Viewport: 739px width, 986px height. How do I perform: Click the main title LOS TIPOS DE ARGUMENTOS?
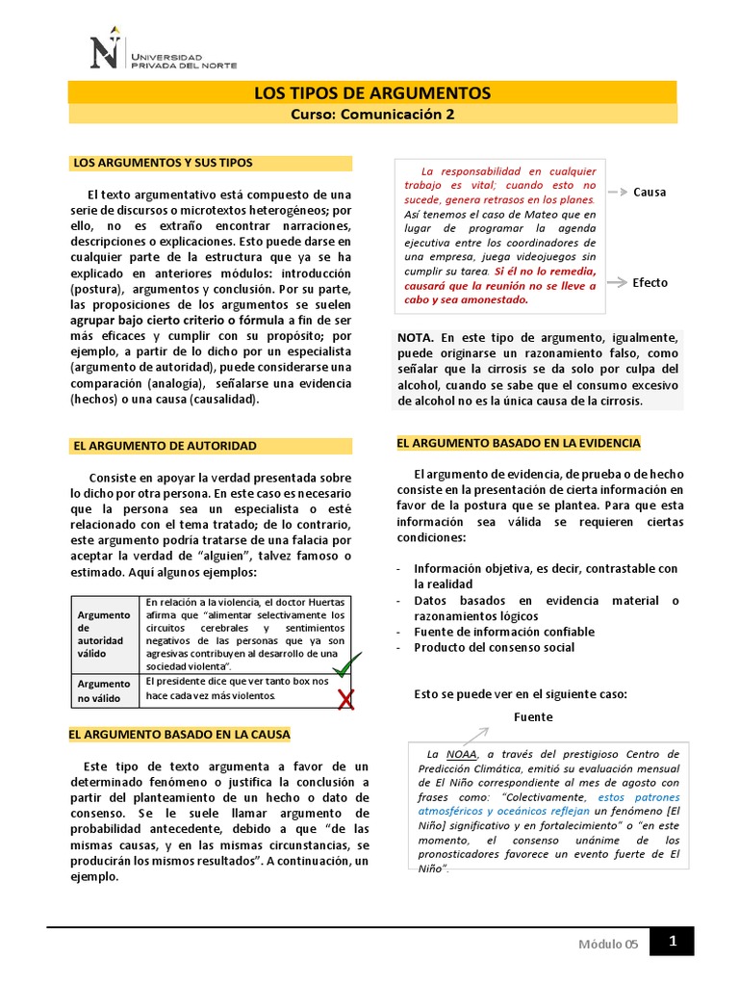(371, 92)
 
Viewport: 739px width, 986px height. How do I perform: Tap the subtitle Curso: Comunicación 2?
(371, 115)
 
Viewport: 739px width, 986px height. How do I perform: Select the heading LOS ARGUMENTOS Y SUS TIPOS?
(163, 163)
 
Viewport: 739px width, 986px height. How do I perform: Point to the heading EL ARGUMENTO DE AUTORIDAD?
(165, 446)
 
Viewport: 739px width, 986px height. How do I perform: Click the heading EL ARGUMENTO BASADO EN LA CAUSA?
(179, 735)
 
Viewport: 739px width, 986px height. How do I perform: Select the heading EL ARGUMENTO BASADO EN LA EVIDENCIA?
(518, 443)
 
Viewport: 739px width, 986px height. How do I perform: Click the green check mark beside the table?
(345, 664)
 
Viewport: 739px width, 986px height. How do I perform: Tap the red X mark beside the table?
(346, 700)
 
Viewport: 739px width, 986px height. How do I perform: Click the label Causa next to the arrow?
(650, 192)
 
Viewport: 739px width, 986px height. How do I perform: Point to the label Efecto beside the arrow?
(650, 283)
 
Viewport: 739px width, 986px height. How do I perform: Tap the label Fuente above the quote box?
(533, 717)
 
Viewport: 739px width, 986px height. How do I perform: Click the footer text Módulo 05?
(607, 945)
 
